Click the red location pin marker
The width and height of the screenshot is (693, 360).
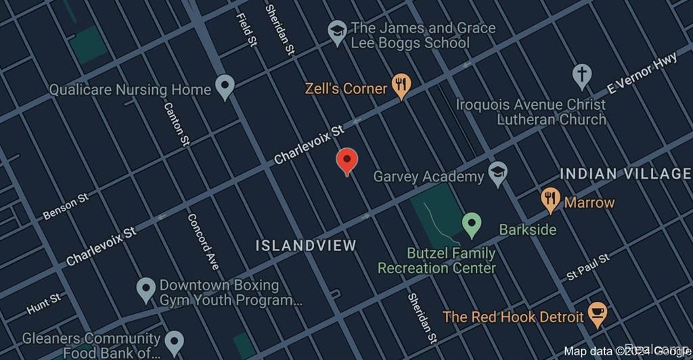pyautogui.click(x=346, y=161)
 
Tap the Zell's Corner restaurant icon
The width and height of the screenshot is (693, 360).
pyautogui.click(x=402, y=85)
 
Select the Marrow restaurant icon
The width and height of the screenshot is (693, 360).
pyautogui.click(x=551, y=200)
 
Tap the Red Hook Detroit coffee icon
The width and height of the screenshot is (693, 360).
pyautogui.click(x=597, y=312)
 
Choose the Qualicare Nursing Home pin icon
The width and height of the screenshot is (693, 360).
pyautogui.click(x=225, y=86)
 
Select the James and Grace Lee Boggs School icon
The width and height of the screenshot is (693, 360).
pyautogui.click(x=337, y=31)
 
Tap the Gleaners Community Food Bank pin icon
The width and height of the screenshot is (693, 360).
pyautogui.click(x=175, y=340)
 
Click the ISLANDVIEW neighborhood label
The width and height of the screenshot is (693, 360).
pyautogui.click(x=306, y=245)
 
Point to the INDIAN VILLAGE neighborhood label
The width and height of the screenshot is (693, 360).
pyautogui.click(x=625, y=174)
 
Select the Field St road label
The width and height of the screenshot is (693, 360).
pyautogui.click(x=246, y=30)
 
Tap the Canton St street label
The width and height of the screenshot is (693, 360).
pyautogui.click(x=176, y=123)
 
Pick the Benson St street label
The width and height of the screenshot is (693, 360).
pyautogui.click(x=66, y=207)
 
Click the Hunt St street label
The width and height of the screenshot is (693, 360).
pyautogui.click(x=44, y=304)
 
